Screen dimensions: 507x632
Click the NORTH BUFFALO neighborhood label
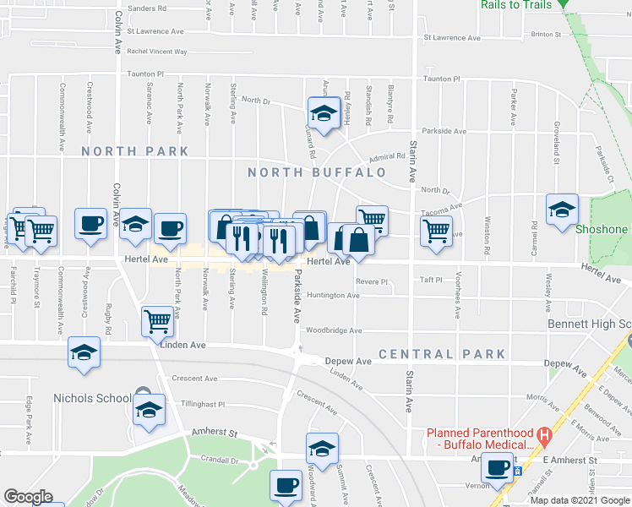[317, 172]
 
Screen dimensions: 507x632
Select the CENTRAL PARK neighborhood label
[442, 354]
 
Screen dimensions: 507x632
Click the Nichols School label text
[91, 398]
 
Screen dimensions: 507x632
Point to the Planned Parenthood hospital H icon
[545, 437]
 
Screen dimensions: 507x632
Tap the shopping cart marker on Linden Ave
[156, 320]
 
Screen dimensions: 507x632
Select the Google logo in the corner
[28, 497]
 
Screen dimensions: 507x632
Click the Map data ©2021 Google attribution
[580, 500]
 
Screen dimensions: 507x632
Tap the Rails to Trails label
[516, 5]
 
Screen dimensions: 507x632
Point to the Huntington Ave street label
[333, 296]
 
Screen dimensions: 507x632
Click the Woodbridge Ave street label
[334, 330]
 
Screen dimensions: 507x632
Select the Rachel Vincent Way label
[156, 52]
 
